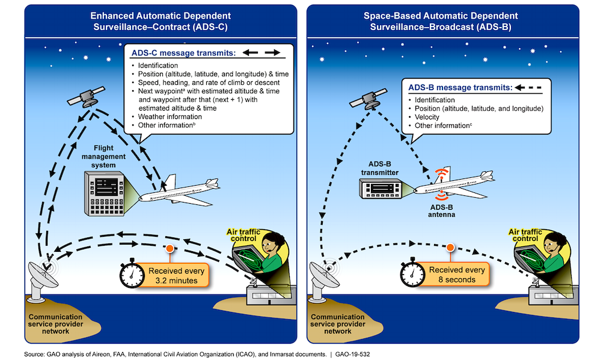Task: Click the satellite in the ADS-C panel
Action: coord(90,97)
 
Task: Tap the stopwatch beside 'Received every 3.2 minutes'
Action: coord(132,273)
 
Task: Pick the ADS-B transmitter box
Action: coord(381,191)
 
